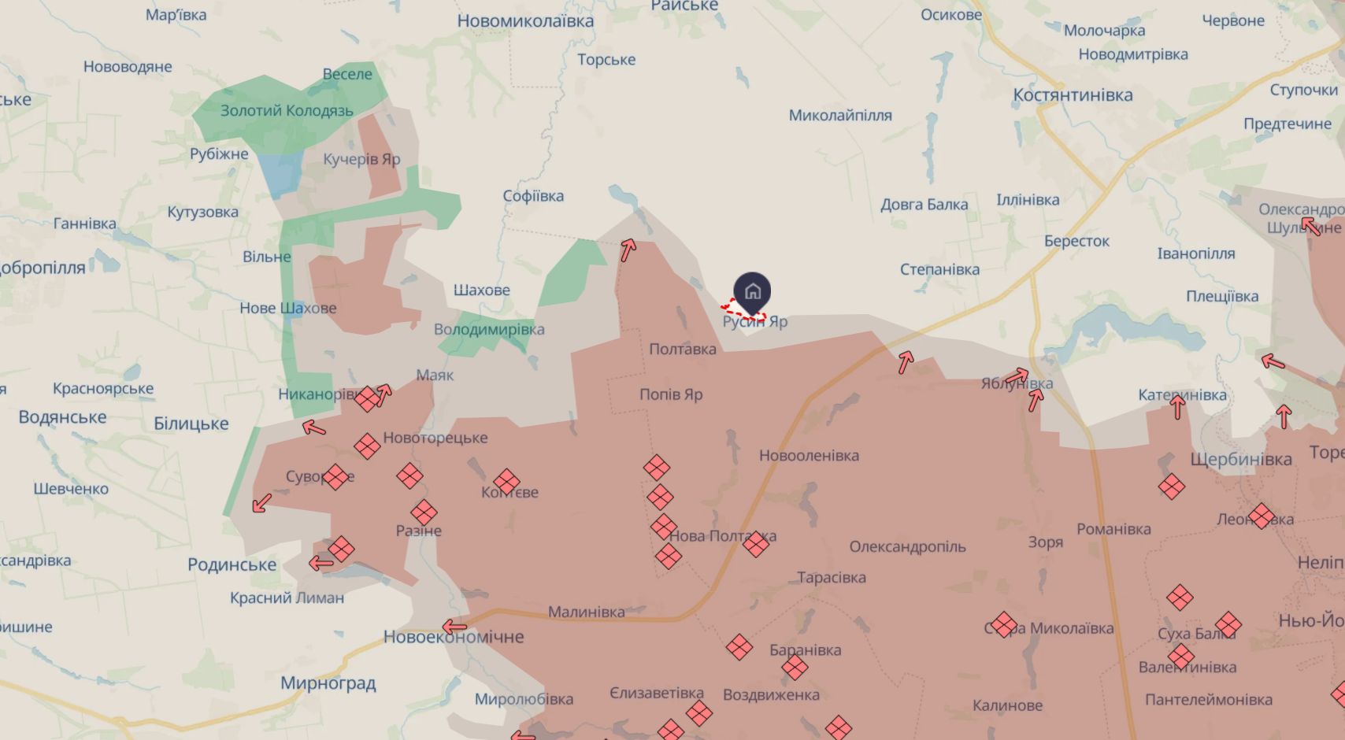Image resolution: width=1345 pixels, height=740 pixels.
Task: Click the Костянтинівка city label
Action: pos(1073,95)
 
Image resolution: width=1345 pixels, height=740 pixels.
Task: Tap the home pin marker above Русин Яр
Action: pos(752,291)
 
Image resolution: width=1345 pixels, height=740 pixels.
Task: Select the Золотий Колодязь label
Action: pos(287,111)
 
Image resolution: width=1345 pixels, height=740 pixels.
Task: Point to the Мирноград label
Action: pos(328,683)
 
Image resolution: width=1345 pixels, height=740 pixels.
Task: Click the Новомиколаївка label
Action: pos(525,21)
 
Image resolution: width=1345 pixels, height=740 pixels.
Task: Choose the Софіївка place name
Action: pos(533,196)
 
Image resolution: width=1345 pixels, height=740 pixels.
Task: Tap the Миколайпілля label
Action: pos(840,116)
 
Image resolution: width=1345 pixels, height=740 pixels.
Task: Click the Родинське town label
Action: pos(232,564)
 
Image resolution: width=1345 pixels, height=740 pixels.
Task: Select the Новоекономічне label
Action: pos(454,637)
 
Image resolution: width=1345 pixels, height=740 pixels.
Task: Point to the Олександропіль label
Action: pos(907,546)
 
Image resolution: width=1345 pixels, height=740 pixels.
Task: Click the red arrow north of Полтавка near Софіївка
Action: pos(628,250)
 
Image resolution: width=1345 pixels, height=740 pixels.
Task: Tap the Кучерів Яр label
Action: pos(361,159)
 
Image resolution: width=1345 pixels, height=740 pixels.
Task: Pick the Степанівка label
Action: pos(939,269)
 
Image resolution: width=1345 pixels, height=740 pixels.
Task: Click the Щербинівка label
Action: pos(1241,459)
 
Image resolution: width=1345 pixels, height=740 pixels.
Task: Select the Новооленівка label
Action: pos(809,456)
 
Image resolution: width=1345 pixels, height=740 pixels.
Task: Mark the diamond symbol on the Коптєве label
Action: pos(506,482)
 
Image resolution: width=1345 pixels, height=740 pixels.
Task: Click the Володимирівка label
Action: pos(489,329)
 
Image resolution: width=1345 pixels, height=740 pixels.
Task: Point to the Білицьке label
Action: pos(191,424)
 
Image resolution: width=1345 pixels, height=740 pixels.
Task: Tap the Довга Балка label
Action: pos(924,205)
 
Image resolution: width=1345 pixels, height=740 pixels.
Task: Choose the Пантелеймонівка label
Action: pos(1208,700)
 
